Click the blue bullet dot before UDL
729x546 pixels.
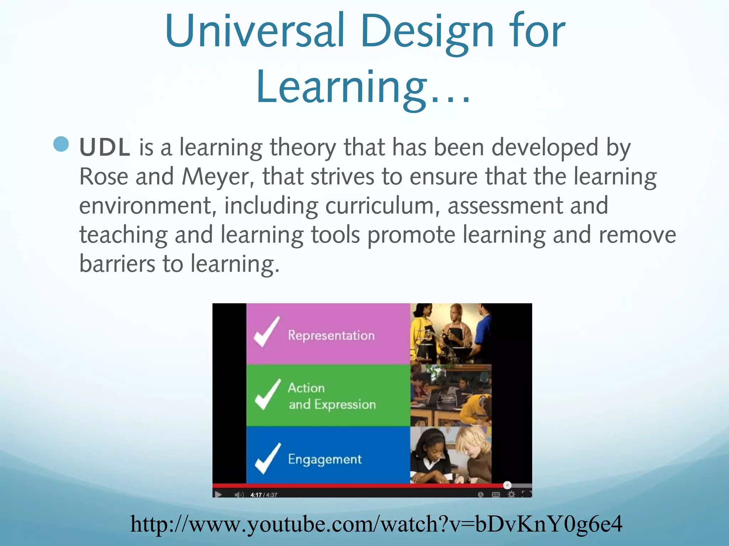(61, 144)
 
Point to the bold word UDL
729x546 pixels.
(105, 148)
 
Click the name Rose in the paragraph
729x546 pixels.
(103, 177)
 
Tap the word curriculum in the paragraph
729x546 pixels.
(380, 206)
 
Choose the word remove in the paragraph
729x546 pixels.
(637, 235)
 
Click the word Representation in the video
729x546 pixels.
(331, 335)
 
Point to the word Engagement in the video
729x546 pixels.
(325, 459)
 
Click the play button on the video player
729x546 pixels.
(218, 494)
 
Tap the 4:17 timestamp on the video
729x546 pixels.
(256, 495)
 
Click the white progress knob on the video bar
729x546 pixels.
(507, 485)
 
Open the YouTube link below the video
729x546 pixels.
(376, 524)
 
